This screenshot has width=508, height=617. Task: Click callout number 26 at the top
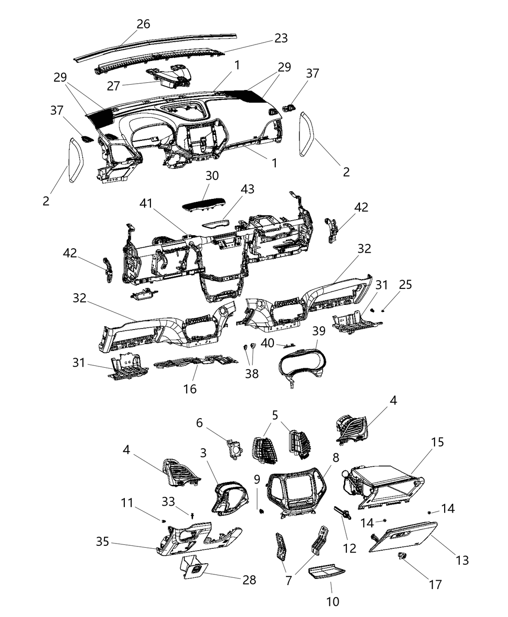point(143,24)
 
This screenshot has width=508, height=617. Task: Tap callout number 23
point(281,38)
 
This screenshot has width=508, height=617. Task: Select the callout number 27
point(114,86)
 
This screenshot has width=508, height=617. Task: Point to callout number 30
point(212,176)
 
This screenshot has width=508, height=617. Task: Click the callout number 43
point(248,189)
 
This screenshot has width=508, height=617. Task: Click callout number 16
point(190,388)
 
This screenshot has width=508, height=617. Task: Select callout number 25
point(405,285)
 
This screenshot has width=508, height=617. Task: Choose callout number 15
point(437,442)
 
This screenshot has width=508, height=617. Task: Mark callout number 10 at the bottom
point(332,601)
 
